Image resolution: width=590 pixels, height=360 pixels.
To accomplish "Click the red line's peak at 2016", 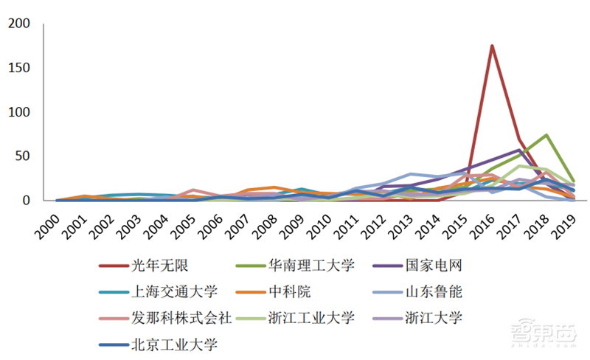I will (492, 46).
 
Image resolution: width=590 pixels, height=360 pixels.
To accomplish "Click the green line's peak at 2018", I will (546, 135).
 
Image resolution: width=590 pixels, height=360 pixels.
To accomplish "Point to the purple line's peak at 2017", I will (519, 150).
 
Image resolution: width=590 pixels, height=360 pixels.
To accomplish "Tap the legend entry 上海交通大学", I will (168, 291).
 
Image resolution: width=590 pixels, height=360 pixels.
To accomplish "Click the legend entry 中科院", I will (286, 291).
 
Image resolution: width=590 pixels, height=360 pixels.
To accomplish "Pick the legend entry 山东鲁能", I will (434, 291).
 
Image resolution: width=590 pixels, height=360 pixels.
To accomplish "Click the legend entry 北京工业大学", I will (168, 344).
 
